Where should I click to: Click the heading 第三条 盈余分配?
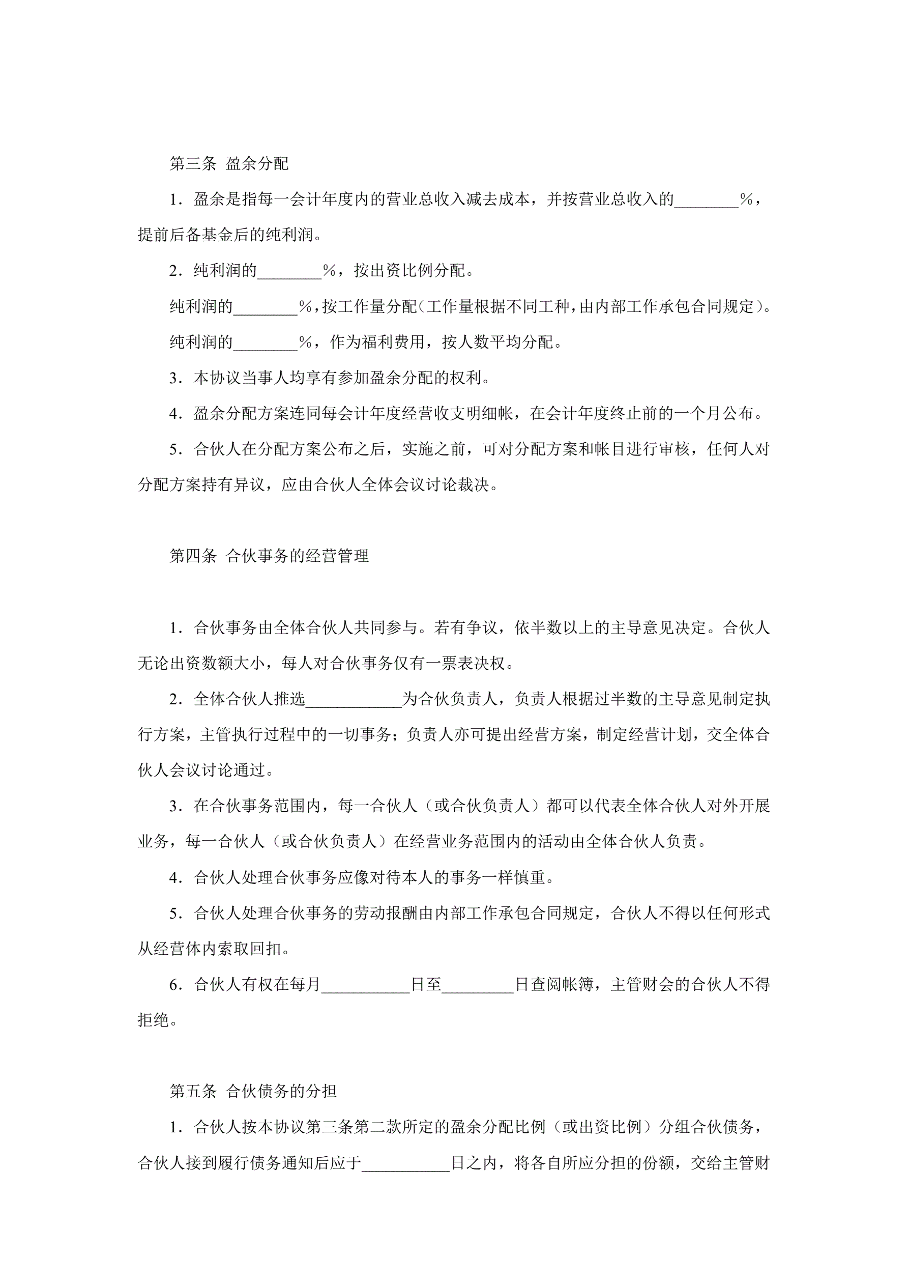coord(229,163)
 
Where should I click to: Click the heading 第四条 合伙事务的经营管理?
coord(269,556)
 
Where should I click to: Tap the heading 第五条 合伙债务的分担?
coord(253,1091)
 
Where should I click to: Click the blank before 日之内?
coord(406,1164)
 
